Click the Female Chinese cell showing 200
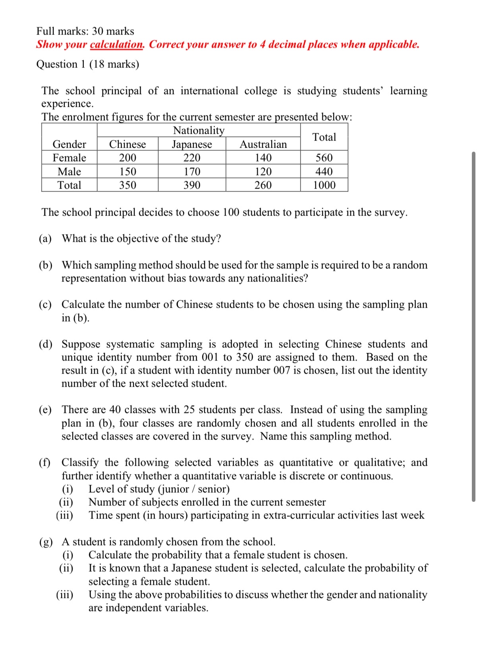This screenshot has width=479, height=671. coord(127,158)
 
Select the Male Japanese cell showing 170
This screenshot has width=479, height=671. coord(192,172)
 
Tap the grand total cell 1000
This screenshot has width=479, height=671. coord(324,185)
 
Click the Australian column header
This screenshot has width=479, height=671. coord(263,144)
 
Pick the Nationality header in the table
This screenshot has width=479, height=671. coord(199,130)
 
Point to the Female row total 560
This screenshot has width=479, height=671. coord(324,158)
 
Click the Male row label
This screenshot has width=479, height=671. coord(69,172)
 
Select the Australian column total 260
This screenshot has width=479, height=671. coord(263,185)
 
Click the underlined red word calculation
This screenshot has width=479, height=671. coord(116,44)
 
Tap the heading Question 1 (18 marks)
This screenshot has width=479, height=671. coord(88,64)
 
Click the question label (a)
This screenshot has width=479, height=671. coord(45,238)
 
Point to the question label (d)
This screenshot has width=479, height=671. coord(45,344)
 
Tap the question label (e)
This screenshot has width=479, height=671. coord(45,409)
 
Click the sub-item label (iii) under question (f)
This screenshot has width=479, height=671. coord(64,515)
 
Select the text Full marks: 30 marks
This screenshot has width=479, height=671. coord(85,31)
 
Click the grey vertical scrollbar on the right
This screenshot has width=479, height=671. coord(473,326)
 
